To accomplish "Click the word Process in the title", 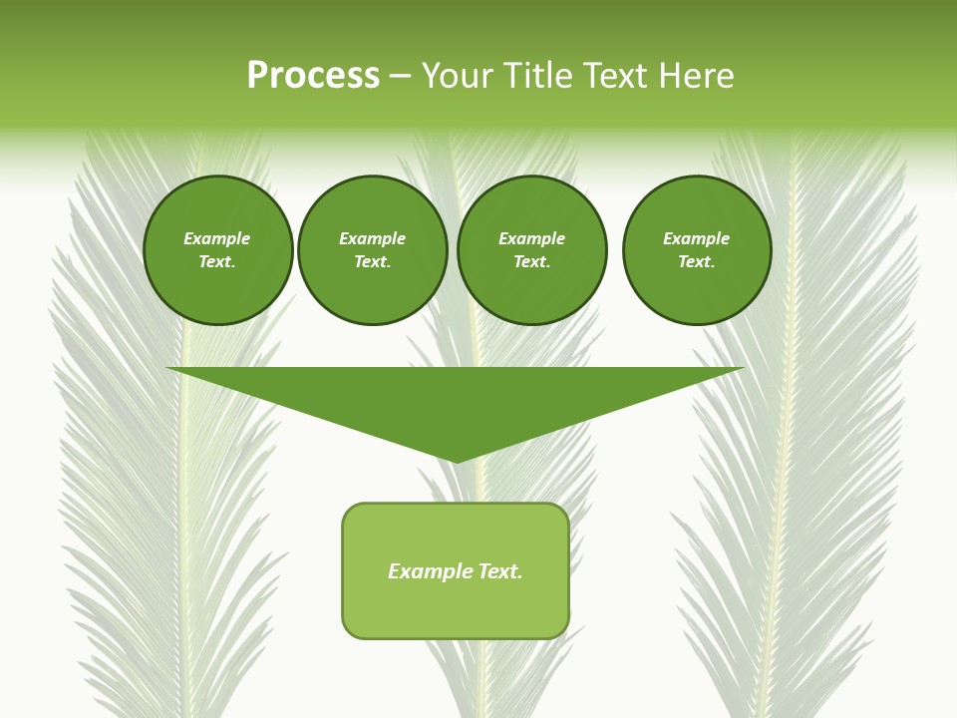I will point(313,76).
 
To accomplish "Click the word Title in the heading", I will point(535,76).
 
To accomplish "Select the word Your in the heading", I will point(460,76).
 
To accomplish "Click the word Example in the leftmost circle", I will point(217,238).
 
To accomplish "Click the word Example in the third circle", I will point(531,238).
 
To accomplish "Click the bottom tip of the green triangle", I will point(456,461).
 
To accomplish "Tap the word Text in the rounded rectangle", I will point(499,571).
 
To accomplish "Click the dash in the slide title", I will point(400,76).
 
